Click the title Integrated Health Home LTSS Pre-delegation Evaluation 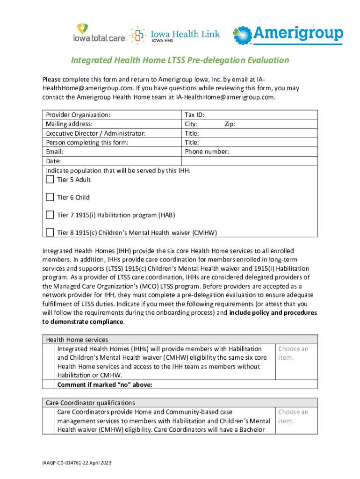click(180, 60)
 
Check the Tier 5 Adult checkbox click(50, 180)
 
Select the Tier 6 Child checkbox click(50, 197)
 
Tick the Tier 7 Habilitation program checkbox click(50, 215)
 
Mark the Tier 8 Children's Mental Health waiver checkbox click(50, 232)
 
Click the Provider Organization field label click(78, 115)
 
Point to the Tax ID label click(194, 115)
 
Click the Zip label click(230, 124)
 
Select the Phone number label click(207, 152)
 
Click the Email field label click(54, 152)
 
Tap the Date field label click(53, 161)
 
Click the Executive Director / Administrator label click(95, 133)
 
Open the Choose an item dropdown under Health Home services click(293, 353)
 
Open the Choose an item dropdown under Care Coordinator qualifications click(293, 416)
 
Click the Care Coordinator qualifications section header click(90, 403)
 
